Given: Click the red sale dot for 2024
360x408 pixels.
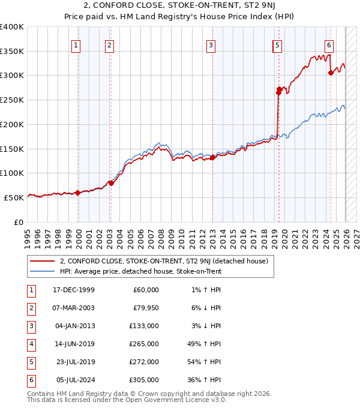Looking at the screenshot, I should pos(331,73).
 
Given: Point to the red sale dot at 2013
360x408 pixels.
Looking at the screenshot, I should pos(212,158).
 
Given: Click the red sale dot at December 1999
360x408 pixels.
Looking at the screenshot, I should pos(78,193).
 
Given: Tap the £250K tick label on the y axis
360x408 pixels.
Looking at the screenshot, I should pos(12,100).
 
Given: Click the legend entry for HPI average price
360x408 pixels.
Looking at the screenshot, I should pos(140,271).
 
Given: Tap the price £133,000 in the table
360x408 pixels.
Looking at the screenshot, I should pos(144,326).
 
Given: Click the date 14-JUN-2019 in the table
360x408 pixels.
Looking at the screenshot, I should pos(73,344).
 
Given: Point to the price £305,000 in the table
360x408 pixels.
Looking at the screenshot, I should pos(144,380).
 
